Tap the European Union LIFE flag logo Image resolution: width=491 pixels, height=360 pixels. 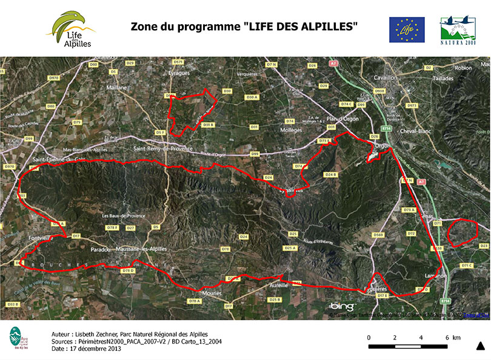[x=407, y=29]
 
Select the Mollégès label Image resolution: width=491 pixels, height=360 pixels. [x=290, y=130]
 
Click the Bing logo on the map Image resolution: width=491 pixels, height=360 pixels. [x=341, y=306]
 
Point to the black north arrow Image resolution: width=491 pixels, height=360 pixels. [x=480, y=346]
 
